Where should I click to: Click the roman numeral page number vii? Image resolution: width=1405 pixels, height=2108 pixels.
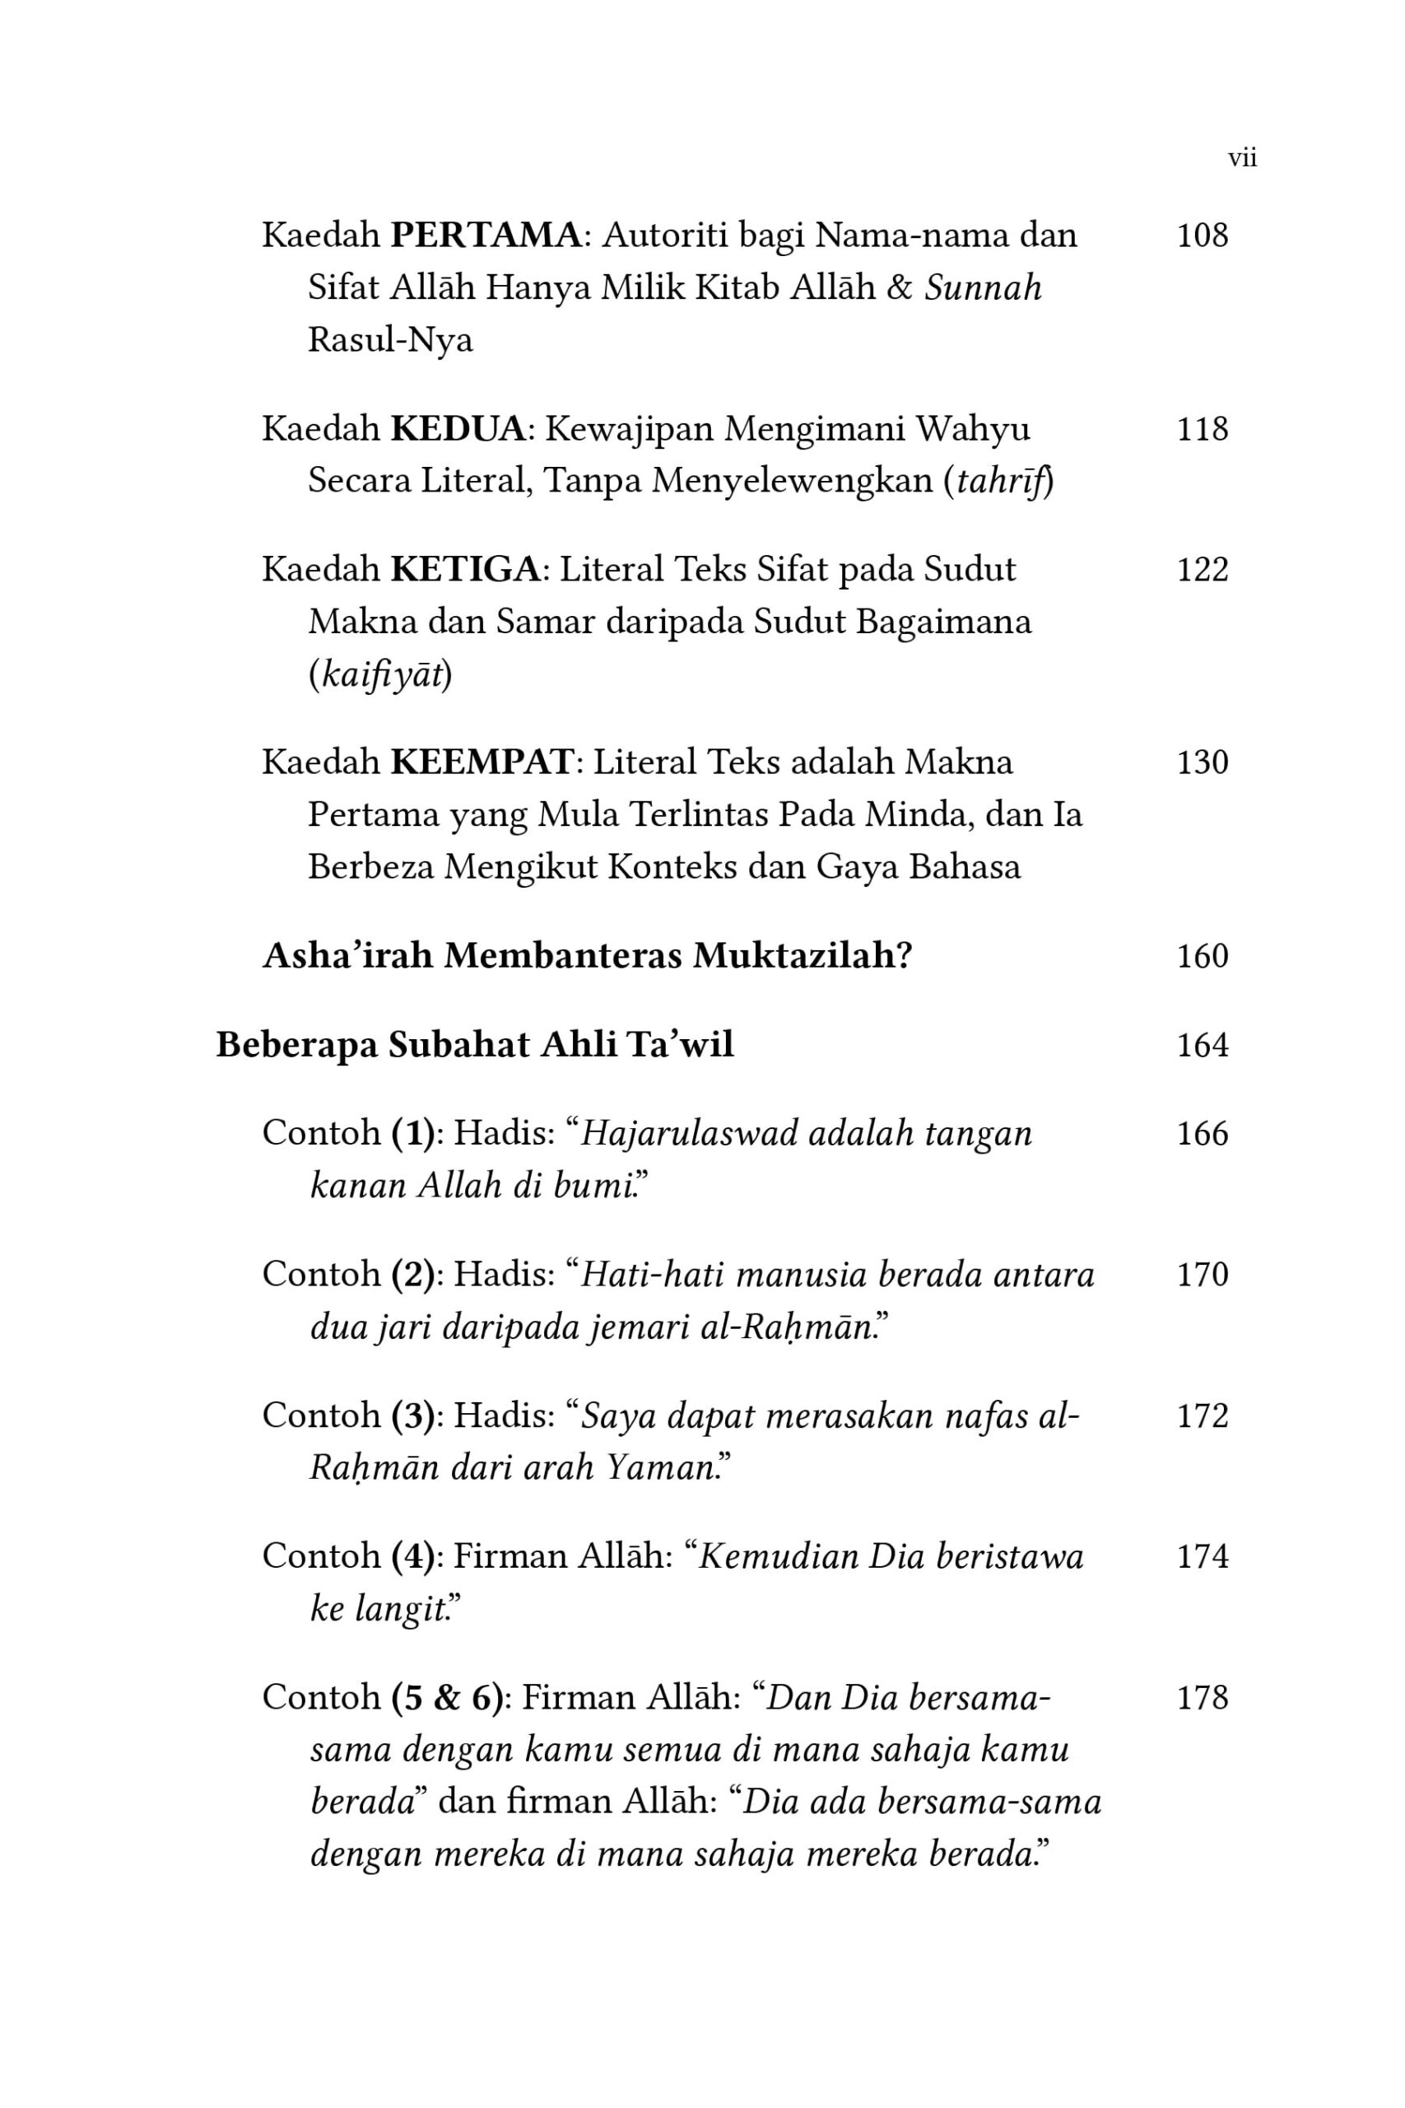pyautogui.click(x=1242, y=159)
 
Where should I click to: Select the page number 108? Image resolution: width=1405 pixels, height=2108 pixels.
pyautogui.click(x=1202, y=236)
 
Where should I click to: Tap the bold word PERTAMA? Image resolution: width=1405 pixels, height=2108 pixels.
pyautogui.click(x=486, y=236)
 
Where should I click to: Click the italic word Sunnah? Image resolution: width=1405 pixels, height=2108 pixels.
pyautogui.click(x=983, y=287)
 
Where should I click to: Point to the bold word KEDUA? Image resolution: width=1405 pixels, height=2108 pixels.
pyautogui.click(x=458, y=429)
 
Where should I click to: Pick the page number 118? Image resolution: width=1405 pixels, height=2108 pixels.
pyautogui.click(x=1202, y=429)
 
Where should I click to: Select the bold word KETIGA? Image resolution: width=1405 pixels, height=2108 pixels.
pyautogui.click(x=466, y=570)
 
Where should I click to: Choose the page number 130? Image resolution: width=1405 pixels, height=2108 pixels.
pyautogui.click(x=1202, y=763)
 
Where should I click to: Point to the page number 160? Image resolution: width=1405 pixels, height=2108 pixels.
pyautogui.click(x=1202, y=956)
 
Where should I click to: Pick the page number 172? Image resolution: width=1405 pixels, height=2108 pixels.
pyautogui.click(x=1202, y=1416)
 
